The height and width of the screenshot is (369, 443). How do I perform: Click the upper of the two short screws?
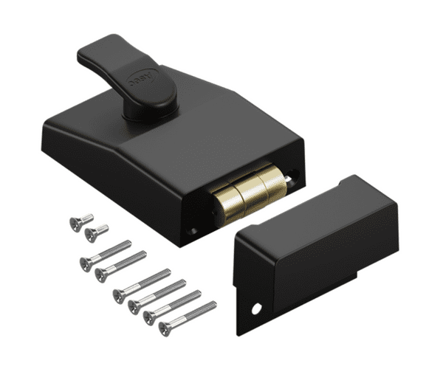tap(81, 221)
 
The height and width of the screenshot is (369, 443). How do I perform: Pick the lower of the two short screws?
tap(96, 232)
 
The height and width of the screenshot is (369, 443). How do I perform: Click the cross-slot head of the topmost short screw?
tap(75, 224)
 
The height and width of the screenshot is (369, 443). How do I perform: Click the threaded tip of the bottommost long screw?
tap(212, 303)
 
